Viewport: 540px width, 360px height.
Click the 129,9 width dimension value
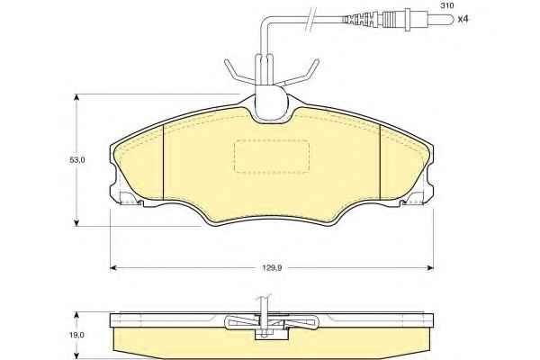click(273, 267)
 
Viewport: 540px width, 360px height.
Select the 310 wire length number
click(447, 6)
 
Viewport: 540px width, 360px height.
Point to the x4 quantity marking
click(463, 19)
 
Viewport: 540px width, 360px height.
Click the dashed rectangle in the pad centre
click(272, 156)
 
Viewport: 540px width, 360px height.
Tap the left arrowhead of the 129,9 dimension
click(112, 267)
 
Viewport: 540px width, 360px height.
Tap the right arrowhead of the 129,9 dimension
click(430, 267)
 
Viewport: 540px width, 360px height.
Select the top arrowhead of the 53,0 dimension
click(76, 97)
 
